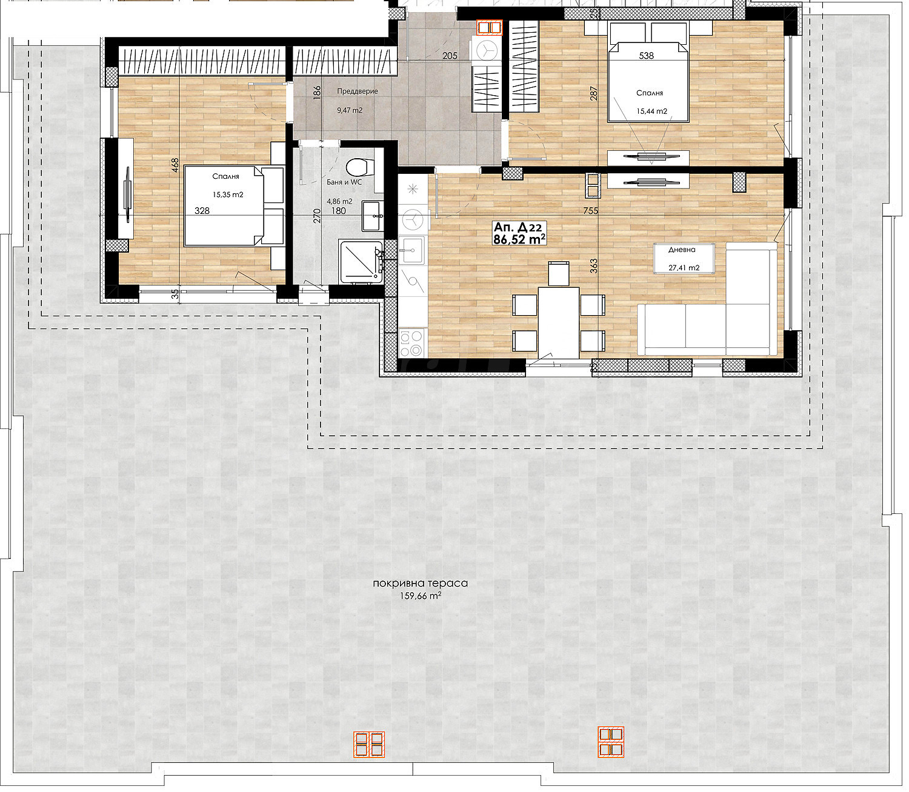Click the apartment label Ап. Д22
[518, 227]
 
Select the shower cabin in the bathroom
[361, 262]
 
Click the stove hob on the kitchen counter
[411, 342]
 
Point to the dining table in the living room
[559, 322]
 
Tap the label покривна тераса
[421, 583]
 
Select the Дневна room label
[682, 250]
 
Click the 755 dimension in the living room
[590, 211]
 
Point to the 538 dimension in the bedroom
[647, 56]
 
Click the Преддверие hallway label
[357, 91]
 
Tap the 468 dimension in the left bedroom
[175, 165]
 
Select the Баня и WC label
[344, 182]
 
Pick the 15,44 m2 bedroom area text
[652, 111]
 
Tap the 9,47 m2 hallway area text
[350, 110]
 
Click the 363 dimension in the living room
[594, 265]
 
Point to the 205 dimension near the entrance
[450, 56]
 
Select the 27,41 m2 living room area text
[684, 268]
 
